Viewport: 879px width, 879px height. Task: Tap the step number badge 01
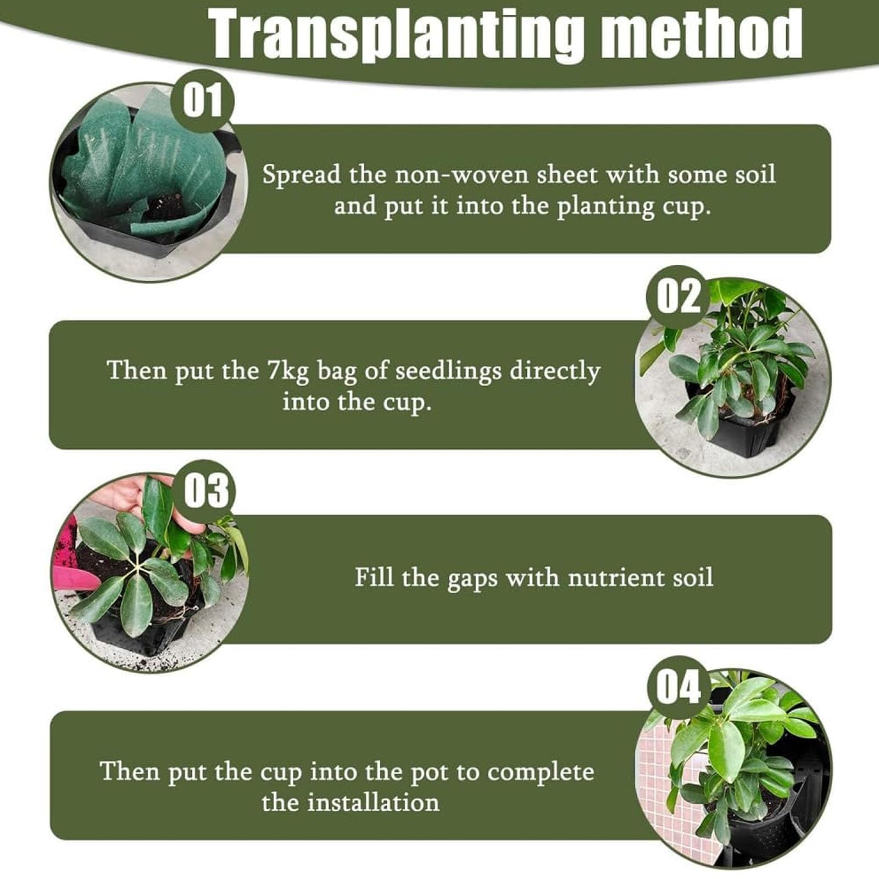tap(203, 101)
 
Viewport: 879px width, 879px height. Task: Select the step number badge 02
tap(678, 297)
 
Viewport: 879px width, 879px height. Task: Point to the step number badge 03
tap(205, 491)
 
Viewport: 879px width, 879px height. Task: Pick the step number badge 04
tap(679, 687)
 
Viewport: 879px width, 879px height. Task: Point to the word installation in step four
tap(373, 803)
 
